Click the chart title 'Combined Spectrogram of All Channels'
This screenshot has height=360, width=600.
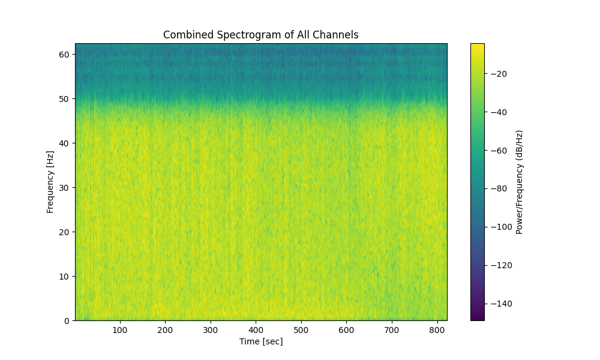click(x=260, y=35)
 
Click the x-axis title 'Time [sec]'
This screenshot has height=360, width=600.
click(x=260, y=341)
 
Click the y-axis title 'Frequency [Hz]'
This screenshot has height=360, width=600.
click(x=50, y=182)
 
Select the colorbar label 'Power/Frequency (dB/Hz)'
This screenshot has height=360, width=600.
click(x=520, y=182)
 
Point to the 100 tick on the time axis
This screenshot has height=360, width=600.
click(x=120, y=329)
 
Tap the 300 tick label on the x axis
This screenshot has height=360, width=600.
click(x=211, y=329)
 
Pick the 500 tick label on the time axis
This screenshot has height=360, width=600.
click(x=301, y=329)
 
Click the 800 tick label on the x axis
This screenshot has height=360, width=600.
click(x=437, y=329)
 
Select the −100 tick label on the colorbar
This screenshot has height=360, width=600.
click(x=497, y=227)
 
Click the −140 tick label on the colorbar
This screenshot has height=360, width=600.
click(x=497, y=304)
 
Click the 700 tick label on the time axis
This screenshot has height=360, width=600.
click(x=392, y=329)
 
